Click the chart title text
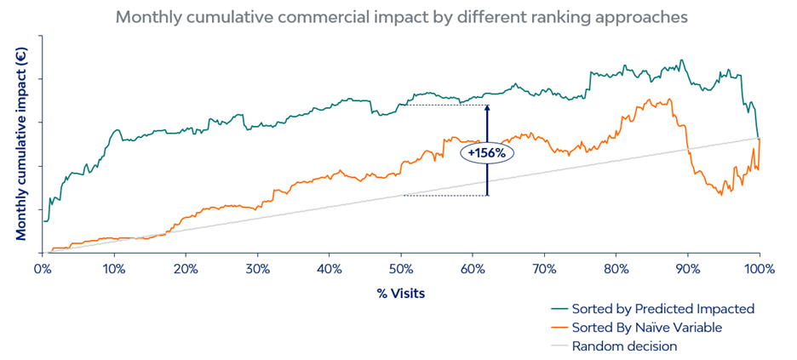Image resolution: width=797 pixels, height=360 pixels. click(402, 16)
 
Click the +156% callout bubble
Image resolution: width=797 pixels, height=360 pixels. click(487, 153)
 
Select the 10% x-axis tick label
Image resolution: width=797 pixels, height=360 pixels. click(114, 269)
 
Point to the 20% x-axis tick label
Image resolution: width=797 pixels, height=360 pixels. click(186, 269)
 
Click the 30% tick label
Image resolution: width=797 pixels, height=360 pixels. click(257, 269)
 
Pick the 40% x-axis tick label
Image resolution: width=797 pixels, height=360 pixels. click(329, 269)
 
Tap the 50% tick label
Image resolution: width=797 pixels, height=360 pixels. click(400, 269)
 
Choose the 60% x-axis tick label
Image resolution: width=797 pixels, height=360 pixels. click(473, 269)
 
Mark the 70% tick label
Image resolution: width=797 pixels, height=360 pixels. click(544, 269)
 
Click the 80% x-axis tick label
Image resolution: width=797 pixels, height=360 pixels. click(616, 269)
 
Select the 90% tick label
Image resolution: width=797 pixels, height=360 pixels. click(687, 269)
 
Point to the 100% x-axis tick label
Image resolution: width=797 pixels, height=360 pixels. click(759, 269)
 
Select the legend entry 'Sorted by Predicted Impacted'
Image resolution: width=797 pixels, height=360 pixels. click(663, 309)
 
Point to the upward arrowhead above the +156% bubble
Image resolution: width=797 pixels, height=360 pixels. click(487, 108)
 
